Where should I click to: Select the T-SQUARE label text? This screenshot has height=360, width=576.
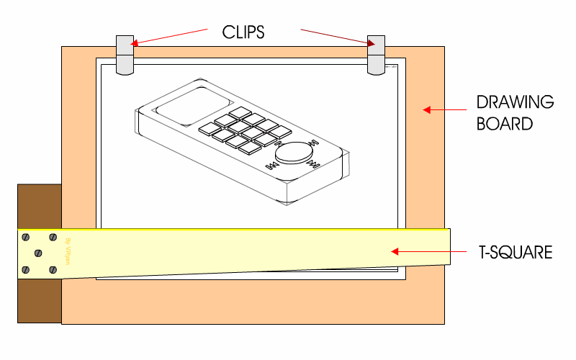tap(516, 253)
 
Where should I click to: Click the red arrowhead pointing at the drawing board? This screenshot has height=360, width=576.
tap(427, 110)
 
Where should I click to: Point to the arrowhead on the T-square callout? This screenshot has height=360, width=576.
tap(394, 251)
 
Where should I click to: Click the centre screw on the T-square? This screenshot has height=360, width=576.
tap(38, 253)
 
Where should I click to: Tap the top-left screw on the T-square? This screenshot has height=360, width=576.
tap(26, 237)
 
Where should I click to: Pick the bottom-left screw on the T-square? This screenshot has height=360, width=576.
tap(26, 270)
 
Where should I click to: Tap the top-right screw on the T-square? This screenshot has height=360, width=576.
tap(53, 237)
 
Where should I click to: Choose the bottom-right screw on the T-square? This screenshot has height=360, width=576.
tap(53, 269)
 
